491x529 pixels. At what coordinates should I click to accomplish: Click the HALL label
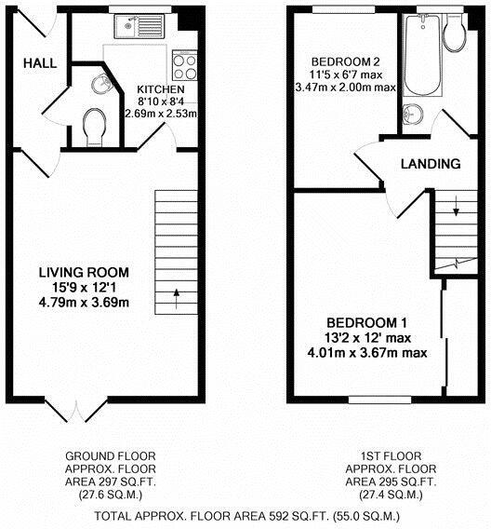click(40, 63)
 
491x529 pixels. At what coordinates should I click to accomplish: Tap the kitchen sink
click(139, 27)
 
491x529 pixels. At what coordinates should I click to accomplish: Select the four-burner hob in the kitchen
click(184, 67)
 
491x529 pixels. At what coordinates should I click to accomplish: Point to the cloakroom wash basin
click(101, 83)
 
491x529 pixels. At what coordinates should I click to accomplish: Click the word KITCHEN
click(161, 89)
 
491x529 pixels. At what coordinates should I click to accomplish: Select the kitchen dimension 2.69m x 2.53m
click(161, 114)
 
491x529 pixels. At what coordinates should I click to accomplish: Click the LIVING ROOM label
click(84, 272)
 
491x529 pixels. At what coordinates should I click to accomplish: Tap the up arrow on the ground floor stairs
click(176, 299)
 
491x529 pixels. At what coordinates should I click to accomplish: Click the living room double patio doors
click(76, 411)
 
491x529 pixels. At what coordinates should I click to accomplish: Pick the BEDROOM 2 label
click(346, 62)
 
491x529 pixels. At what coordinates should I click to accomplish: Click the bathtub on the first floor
click(422, 56)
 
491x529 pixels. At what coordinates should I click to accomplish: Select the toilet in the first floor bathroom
click(455, 34)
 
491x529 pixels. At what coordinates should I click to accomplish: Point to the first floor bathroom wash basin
click(413, 114)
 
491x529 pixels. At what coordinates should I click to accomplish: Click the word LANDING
click(431, 164)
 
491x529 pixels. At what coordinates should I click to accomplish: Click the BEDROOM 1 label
click(367, 323)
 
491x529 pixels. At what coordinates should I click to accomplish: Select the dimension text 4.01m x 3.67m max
click(367, 353)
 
